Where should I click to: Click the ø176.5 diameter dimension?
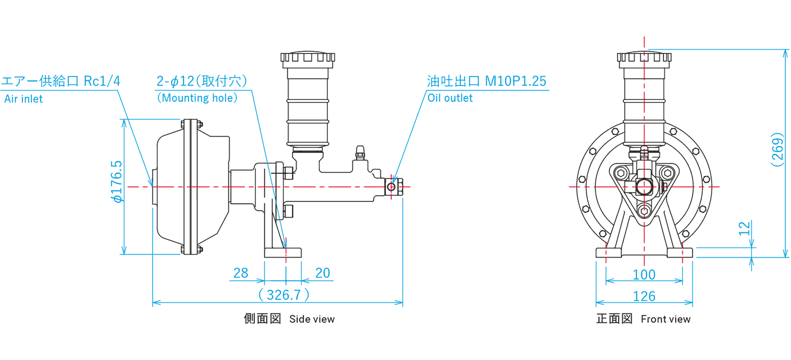coord(117,181)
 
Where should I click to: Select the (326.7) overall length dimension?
coord(284,294)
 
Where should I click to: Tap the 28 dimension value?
coord(241,273)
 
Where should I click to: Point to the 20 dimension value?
coord(322,273)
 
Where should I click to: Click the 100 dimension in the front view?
coord(644,274)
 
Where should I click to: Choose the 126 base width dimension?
coord(644,296)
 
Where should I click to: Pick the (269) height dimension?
coord(777,150)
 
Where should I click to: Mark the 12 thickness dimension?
coord(744,228)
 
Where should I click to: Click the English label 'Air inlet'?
coord(24,99)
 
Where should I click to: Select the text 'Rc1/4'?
coord(102,81)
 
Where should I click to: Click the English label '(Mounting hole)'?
coord(197,98)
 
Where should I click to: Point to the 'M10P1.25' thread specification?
coord(515,81)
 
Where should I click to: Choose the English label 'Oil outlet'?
coord(450,98)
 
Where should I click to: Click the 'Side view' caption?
coord(312,319)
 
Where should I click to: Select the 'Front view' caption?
coord(666,319)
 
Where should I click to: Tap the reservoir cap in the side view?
coord(307,57)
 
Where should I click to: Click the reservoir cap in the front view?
coord(644,57)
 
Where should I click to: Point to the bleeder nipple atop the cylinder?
coord(360,152)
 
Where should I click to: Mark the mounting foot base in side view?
coord(283,253)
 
